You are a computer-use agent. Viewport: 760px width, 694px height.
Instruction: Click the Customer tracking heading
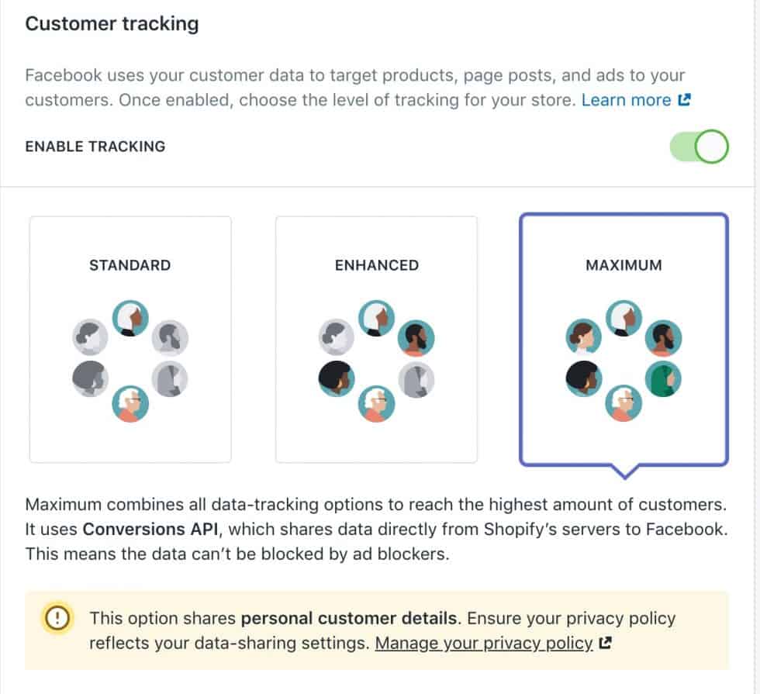click(x=112, y=24)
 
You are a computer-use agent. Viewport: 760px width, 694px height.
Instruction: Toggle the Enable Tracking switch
click(x=700, y=147)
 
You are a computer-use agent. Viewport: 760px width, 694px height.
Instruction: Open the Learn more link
click(x=626, y=100)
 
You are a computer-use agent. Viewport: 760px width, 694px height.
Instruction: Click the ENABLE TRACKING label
click(x=95, y=147)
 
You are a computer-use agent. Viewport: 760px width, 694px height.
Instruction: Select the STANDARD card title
click(x=130, y=265)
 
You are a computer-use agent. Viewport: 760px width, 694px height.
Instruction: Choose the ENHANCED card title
click(x=377, y=265)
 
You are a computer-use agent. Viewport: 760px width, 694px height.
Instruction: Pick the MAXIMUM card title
click(x=624, y=265)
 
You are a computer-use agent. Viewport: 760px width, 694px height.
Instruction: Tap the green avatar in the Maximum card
click(x=663, y=378)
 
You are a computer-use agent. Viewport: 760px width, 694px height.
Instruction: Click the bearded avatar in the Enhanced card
click(x=416, y=337)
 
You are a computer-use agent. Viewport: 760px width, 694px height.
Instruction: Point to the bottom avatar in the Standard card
click(x=130, y=403)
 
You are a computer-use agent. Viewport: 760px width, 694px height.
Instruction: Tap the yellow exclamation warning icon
click(x=57, y=618)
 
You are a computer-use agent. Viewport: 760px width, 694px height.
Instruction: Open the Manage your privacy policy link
click(x=484, y=643)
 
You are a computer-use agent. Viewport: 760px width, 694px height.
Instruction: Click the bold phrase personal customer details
click(x=348, y=618)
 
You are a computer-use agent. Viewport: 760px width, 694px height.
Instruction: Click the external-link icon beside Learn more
click(x=684, y=100)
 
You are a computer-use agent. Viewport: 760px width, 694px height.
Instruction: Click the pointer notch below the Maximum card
click(x=624, y=470)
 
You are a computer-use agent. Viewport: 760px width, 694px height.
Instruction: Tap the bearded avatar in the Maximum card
click(x=663, y=337)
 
